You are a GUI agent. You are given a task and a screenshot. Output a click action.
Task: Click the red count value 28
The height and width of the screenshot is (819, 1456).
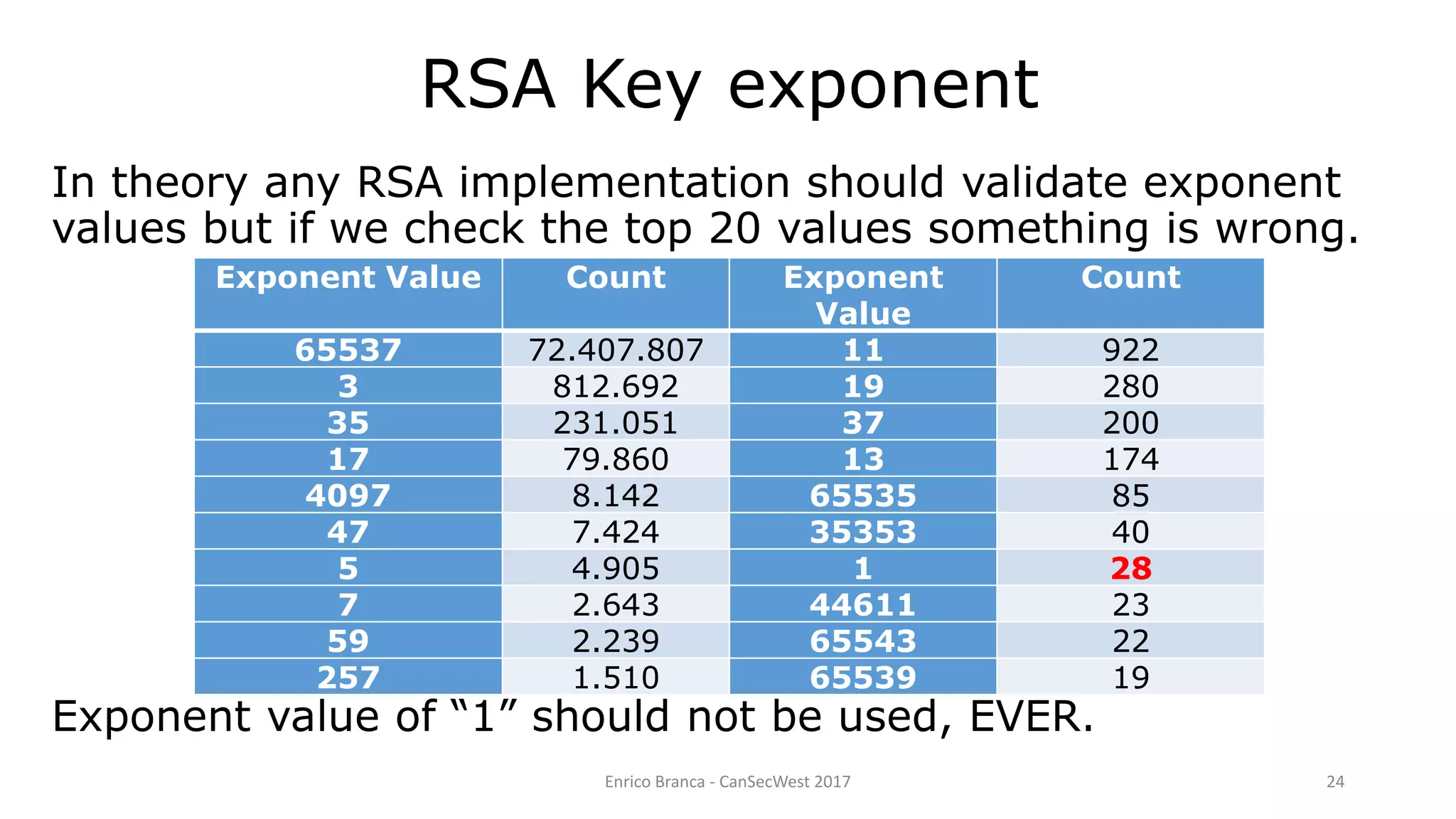coord(1130,569)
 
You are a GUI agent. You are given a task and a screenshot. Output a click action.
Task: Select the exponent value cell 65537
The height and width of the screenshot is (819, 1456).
coord(348,350)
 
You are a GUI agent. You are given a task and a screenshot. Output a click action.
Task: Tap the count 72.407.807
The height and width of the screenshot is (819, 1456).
coord(616,350)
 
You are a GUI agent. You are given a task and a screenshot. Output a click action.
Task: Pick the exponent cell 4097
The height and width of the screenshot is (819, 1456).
coord(348,496)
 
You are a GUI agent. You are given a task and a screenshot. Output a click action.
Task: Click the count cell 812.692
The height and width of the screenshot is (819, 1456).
coord(616,386)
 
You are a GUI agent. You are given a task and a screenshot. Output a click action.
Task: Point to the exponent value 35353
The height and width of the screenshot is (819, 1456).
coord(863,532)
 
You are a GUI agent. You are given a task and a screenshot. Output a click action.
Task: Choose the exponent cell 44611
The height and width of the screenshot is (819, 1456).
coord(863,605)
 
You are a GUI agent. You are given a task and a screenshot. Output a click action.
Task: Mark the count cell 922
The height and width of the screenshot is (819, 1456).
coord(1130,350)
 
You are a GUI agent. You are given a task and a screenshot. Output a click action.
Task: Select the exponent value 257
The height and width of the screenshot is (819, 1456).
coord(348,678)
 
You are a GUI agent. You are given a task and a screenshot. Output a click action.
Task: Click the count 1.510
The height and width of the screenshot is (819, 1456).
coord(616,678)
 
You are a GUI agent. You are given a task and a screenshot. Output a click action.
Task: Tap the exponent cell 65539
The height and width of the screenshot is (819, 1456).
coord(863,678)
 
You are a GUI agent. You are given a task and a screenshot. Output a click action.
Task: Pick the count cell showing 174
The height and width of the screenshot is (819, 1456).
coord(1130,459)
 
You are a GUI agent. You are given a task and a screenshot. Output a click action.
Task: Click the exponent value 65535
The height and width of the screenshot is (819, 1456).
coord(863,496)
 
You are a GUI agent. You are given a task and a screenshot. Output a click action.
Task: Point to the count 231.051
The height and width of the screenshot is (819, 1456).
coord(616,423)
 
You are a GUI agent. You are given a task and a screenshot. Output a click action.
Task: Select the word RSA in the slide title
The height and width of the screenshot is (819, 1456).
coord(488,85)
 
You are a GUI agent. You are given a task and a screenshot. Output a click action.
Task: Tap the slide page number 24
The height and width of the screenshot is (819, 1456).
coord(1335,782)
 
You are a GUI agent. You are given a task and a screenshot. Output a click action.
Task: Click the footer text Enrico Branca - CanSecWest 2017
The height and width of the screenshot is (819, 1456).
coord(727,782)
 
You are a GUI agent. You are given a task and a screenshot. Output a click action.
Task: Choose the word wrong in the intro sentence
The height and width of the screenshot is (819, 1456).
coord(1286,229)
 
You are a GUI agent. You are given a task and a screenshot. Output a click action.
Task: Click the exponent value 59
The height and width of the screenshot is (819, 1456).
coord(348,641)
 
